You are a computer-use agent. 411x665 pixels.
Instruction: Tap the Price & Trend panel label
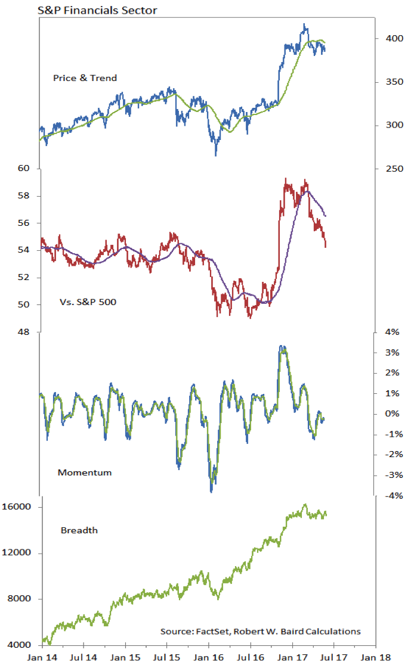(85, 77)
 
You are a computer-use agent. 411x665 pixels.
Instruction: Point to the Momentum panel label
(85, 473)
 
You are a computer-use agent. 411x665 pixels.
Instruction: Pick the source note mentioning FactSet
(260, 631)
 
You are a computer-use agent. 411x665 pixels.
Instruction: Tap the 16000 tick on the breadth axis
(21, 508)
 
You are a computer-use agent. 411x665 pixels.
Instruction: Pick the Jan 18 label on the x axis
(376, 658)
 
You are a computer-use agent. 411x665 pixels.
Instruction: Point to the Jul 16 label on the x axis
(251, 658)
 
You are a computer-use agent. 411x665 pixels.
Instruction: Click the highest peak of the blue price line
(305, 24)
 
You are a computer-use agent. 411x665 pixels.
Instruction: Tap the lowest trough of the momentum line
(211, 491)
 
